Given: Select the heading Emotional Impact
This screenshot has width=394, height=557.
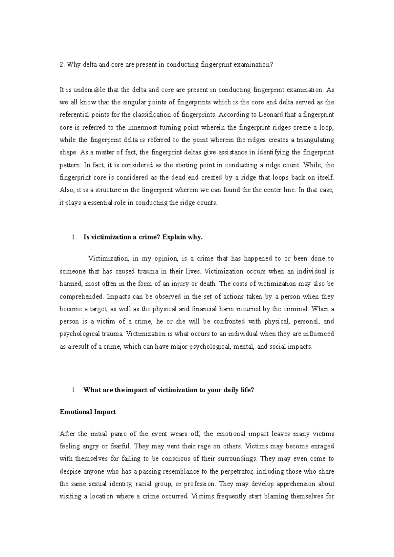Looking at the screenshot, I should coord(88,412).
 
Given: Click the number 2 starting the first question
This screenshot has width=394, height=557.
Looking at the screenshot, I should coord(61,65).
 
